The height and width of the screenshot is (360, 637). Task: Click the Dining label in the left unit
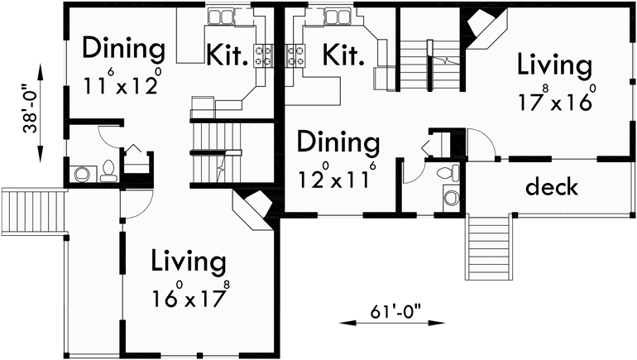coord(124,49)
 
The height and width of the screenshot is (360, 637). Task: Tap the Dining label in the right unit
coord(338,142)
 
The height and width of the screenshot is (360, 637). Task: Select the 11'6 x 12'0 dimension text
coord(122,85)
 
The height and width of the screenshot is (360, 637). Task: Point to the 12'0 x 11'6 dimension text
coord(338,177)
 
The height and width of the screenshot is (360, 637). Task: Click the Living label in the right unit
coord(554,65)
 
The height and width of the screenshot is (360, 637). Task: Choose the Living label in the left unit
coord(189,262)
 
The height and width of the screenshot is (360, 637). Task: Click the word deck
coord(552,186)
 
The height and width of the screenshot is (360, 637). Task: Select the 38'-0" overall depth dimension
coord(32,107)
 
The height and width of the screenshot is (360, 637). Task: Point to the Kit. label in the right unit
coord(343,55)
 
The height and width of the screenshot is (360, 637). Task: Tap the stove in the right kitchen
coord(295,55)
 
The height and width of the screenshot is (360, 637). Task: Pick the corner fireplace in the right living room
coord(482,31)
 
